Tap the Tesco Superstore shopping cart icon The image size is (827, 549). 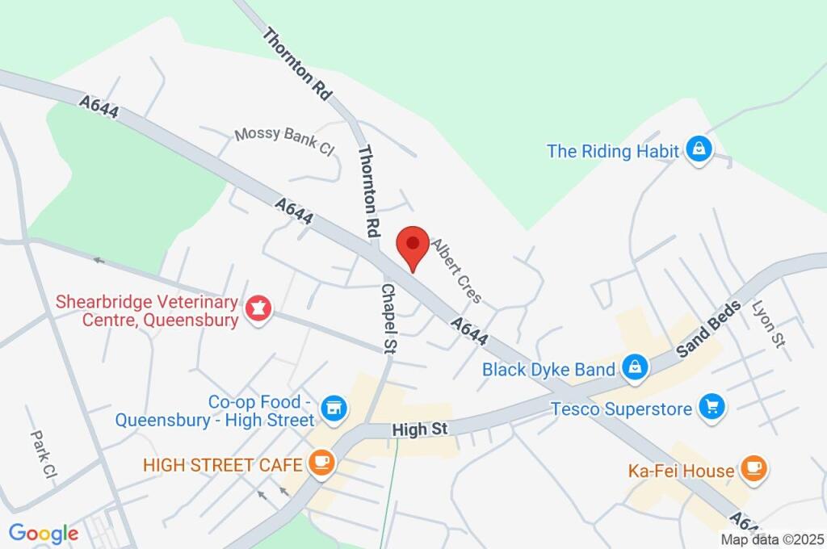712,407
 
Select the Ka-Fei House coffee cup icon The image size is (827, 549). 754,468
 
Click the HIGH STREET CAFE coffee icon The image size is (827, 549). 321,463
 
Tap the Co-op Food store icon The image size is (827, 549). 332,409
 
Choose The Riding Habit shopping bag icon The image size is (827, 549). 699,149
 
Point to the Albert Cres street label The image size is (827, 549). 456,271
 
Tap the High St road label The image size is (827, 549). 420,430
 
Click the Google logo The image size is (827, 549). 44,533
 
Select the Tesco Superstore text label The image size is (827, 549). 621,409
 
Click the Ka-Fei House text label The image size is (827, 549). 681,470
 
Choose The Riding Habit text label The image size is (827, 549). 614,151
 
